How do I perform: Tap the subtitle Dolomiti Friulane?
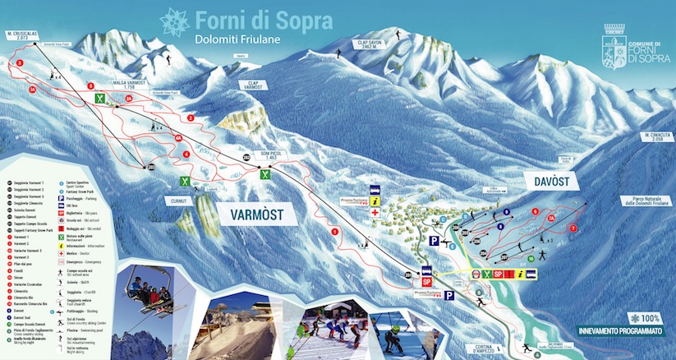238,39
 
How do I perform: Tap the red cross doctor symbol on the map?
375,213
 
